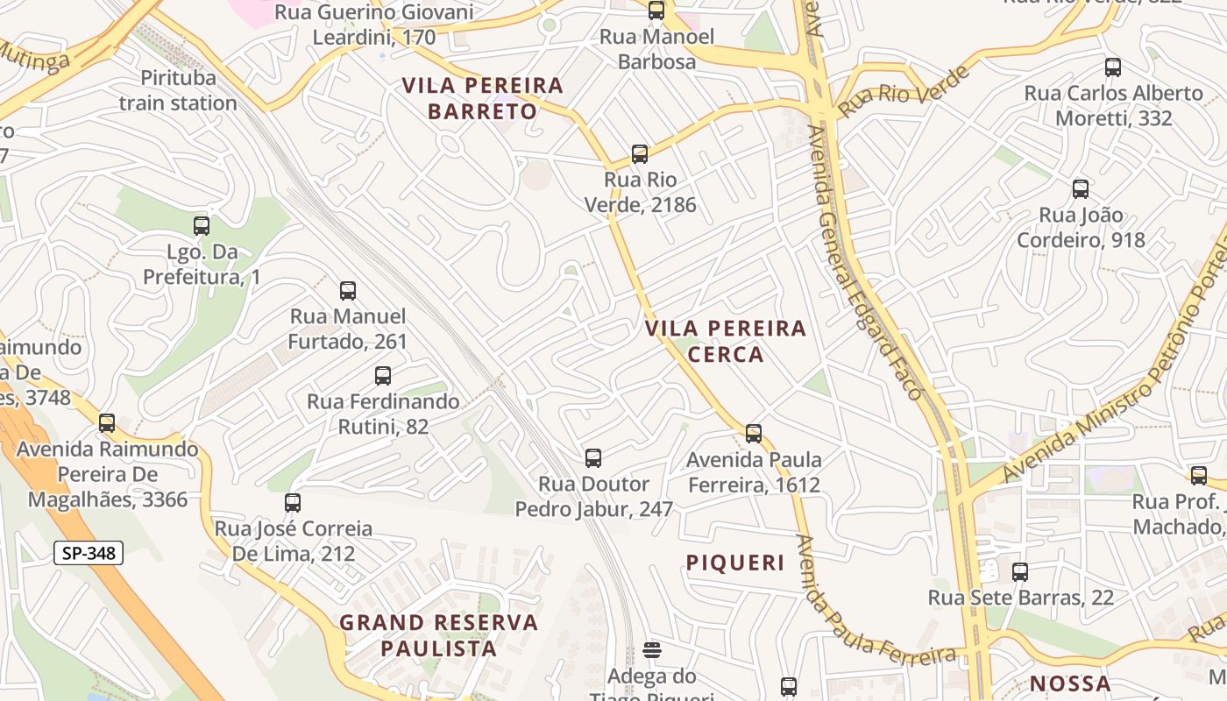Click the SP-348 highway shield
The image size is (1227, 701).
(x=89, y=553)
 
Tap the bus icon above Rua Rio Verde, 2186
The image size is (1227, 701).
(x=640, y=154)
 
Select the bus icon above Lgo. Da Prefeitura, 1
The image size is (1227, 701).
(x=202, y=226)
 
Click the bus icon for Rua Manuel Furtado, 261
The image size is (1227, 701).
(x=348, y=291)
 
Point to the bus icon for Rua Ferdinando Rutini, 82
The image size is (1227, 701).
(x=383, y=376)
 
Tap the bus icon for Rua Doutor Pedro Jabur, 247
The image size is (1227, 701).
(x=593, y=458)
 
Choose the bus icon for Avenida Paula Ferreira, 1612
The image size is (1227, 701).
(x=754, y=434)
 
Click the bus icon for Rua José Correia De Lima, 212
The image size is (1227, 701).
(x=293, y=503)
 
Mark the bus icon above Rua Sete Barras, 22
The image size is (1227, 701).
(x=1020, y=572)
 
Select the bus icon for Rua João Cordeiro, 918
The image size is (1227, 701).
(x=1081, y=189)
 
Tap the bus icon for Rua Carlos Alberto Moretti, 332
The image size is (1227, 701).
(x=1113, y=67)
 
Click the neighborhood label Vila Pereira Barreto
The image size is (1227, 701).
(x=482, y=98)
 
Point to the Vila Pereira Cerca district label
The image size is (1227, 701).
(x=726, y=341)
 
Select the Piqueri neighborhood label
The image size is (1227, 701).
(x=735, y=563)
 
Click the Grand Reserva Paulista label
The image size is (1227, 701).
(x=438, y=635)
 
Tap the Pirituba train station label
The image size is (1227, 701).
(x=178, y=90)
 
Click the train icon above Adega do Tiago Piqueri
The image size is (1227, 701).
(x=652, y=650)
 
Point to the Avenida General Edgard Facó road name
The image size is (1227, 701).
(x=864, y=263)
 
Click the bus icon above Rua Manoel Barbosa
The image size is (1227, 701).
(x=656, y=11)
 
